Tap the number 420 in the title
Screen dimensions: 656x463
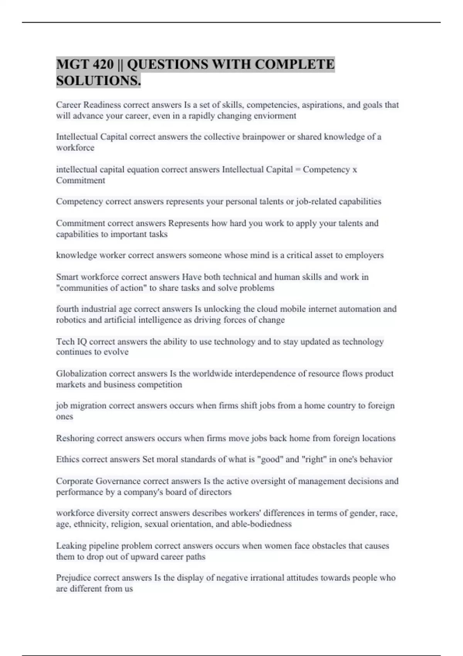click(103, 64)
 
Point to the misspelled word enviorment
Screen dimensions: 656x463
click(276, 116)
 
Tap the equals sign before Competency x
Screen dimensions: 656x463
click(297, 170)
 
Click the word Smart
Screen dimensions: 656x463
click(67, 277)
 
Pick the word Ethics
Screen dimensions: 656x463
click(68, 460)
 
